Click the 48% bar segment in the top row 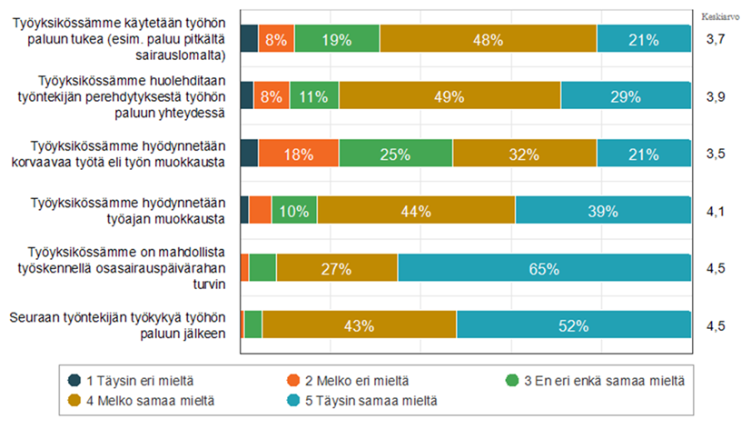coord(489,38)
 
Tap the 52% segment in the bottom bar coord(574,325)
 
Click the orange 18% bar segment coord(298,154)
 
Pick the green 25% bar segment coord(395,154)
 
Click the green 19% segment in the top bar coord(337,38)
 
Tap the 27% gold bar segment coord(337,268)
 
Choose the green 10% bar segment coord(294,210)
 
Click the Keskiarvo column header coord(715,15)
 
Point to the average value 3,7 coord(715,39)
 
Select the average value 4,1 coord(715,210)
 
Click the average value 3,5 coord(715,154)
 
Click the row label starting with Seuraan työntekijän coord(117,325)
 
